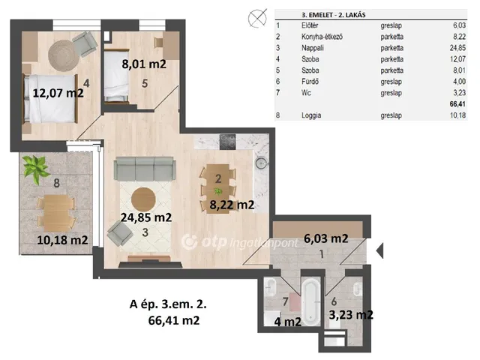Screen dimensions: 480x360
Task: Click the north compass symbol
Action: (x=257, y=18)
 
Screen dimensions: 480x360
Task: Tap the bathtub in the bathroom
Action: (x=311, y=301)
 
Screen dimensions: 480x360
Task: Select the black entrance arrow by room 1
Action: (x=379, y=250)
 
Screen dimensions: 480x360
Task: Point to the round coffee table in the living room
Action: (x=143, y=199)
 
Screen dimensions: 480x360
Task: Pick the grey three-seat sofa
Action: (x=144, y=168)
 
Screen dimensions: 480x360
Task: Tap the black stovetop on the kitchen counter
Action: (x=227, y=142)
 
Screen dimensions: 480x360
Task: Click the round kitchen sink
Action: (x=261, y=163)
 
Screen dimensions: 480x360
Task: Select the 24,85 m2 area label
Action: (x=146, y=217)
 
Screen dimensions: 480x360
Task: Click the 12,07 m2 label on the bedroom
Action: (x=58, y=93)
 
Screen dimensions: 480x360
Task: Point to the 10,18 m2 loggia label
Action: (x=62, y=240)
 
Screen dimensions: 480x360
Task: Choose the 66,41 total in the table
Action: (x=457, y=104)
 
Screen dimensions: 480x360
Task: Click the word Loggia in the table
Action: (x=311, y=115)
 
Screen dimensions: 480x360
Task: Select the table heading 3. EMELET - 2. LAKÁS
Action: (x=333, y=15)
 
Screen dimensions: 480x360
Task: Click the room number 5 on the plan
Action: (x=145, y=83)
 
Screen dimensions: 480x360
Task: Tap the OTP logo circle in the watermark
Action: (x=189, y=242)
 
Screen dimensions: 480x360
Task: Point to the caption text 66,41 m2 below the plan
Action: (x=174, y=320)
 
